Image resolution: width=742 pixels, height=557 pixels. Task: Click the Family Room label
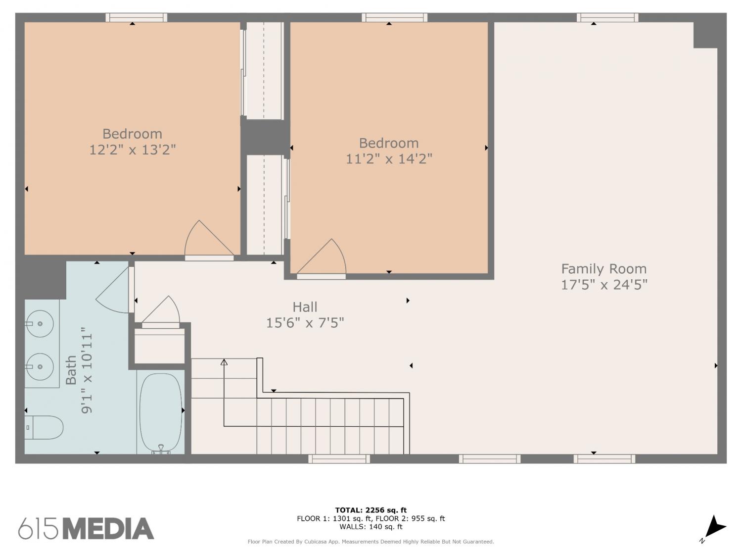point(604,269)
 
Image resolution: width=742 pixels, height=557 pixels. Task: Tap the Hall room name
point(305,307)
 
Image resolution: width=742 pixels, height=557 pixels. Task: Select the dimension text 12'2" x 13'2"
point(133,150)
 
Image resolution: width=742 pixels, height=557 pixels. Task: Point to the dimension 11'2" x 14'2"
point(389,158)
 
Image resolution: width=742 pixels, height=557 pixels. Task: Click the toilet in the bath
point(44,427)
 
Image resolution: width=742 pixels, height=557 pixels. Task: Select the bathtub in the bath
point(161,413)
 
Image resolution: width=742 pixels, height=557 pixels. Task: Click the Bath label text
point(71,370)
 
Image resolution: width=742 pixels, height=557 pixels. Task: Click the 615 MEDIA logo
point(86,528)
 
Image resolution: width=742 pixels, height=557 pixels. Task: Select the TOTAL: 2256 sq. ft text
point(371,510)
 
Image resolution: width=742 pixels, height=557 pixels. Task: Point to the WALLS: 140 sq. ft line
point(371,527)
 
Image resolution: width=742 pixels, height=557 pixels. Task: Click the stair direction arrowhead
point(224,362)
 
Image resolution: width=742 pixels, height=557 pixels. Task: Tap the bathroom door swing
point(113,291)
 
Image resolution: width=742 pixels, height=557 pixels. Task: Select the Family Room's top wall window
point(607,18)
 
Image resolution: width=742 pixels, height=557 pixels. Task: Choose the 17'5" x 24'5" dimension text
point(604,285)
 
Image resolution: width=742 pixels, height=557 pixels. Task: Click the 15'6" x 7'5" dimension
point(305,323)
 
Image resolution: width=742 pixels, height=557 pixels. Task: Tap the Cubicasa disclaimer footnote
point(371,542)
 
